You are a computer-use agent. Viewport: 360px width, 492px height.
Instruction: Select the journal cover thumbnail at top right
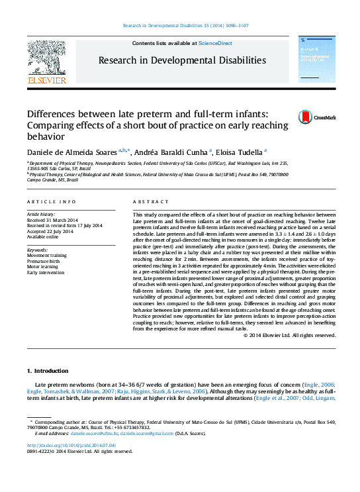pos(314,62)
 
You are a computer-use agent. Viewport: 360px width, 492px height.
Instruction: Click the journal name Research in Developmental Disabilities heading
pos(182,60)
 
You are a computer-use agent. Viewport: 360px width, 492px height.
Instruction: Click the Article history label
pos(42,215)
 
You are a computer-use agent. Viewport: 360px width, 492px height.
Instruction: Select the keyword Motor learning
pos(42,266)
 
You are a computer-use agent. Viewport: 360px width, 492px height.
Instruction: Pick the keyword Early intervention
pos(46,271)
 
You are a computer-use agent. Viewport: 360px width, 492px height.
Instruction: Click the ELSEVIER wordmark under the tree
pos(46,80)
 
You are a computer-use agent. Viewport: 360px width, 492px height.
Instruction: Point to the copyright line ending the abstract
pos(290,335)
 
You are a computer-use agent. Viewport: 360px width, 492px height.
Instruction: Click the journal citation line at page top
pos(180,26)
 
